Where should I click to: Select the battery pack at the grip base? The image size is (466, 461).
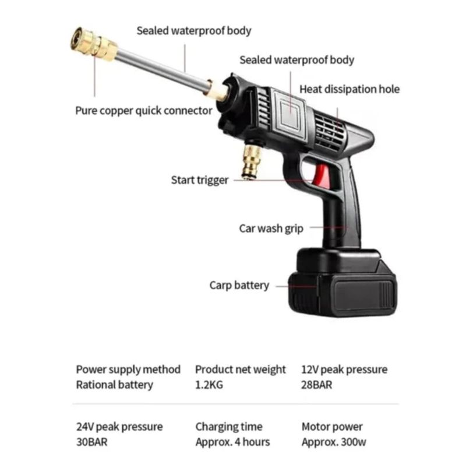point(343,283)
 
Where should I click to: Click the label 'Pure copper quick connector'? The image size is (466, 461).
point(144,111)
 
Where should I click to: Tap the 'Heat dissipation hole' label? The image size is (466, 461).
point(349,89)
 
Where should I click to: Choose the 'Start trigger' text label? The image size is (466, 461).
point(200,180)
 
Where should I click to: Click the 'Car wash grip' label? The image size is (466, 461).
point(271,228)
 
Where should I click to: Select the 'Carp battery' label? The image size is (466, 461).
point(239,286)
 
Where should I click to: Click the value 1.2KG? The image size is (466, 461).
point(209,385)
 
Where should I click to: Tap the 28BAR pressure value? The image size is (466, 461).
point(316,385)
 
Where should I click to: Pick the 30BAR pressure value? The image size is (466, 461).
point(92,442)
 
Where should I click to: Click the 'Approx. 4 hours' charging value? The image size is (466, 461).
point(232,442)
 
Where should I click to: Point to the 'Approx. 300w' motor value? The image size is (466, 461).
point(334,442)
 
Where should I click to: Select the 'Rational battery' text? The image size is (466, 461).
point(114,385)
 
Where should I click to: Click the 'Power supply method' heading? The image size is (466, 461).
point(128,369)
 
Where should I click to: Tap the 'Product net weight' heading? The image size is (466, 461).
point(240,369)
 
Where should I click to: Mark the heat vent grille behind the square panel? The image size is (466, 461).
point(329,131)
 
